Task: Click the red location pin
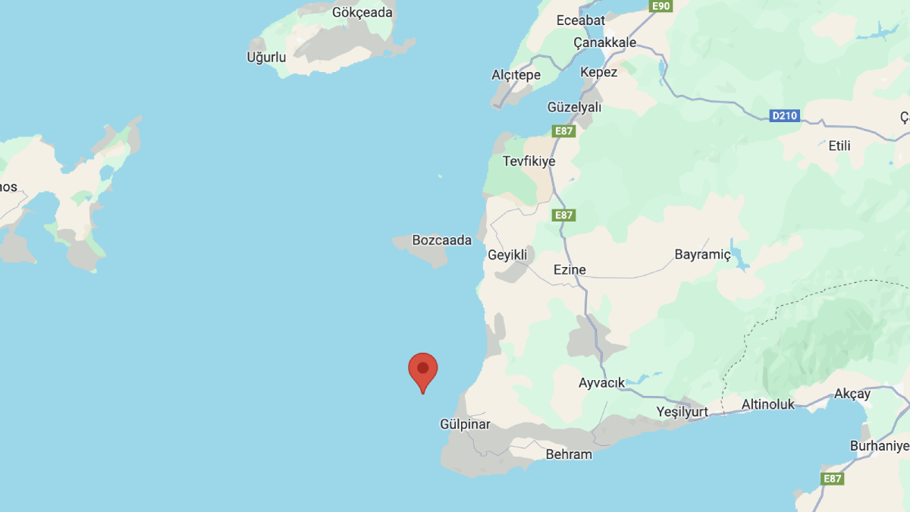pos(423,371)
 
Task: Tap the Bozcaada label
pos(441,240)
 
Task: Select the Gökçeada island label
pos(362,12)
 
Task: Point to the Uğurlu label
pos(266,57)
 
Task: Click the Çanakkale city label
pos(604,42)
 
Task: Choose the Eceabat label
pos(581,20)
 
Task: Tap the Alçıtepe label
pos(516,74)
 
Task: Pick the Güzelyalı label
pos(574,108)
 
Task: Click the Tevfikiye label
pos(529,162)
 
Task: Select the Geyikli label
pos(507,256)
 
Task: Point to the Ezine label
pos(570,270)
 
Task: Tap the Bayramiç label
pos(703,255)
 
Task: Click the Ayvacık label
pos(602,383)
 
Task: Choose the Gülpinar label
pos(466,425)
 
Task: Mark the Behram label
pos(569,454)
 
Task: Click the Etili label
pos(839,146)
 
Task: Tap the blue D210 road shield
pos(784,116)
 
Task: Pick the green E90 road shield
pos(661,6)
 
